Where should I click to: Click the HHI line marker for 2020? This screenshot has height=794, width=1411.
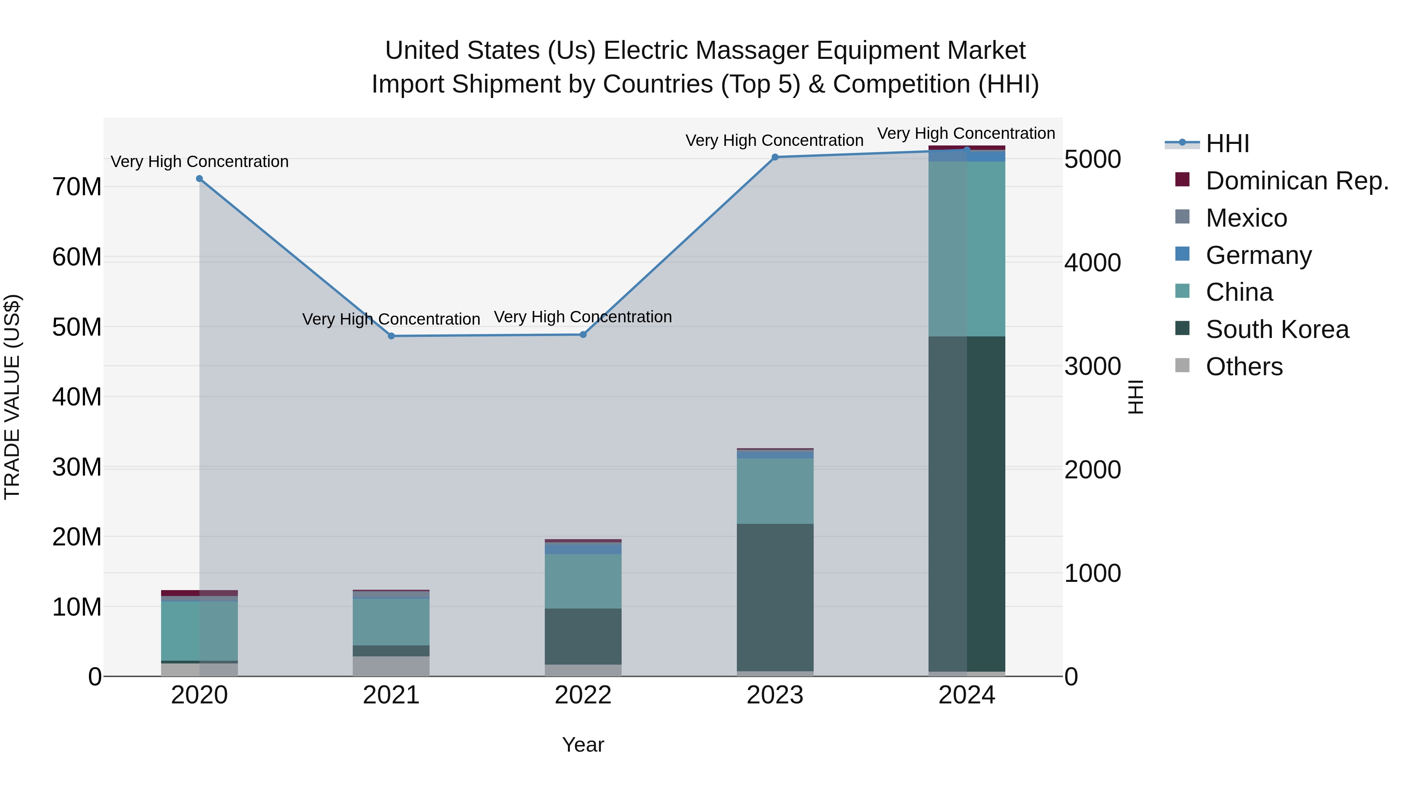199,179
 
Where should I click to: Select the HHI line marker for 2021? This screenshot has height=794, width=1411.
391,336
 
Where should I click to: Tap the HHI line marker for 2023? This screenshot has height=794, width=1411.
775,157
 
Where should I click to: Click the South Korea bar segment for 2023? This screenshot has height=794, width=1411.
775,597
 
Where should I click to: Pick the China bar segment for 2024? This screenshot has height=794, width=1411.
967,249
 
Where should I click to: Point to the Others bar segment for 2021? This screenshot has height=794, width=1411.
391,666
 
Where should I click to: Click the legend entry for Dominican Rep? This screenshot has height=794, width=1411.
1297,181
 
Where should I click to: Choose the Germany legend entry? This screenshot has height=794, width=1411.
1258,255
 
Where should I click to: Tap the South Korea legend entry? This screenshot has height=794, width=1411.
1277,329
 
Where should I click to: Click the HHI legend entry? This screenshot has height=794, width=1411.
1227,144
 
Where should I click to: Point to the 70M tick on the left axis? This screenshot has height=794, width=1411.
77,187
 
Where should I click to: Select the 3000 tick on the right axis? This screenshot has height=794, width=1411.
1092,366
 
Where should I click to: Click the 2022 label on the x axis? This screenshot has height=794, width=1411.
583,695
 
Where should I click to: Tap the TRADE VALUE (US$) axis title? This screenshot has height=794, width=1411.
13,397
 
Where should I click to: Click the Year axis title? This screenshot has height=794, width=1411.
583,745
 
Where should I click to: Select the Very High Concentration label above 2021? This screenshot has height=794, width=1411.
391,319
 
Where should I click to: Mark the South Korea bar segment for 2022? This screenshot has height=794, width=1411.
583,636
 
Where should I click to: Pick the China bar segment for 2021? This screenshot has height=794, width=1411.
391,622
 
